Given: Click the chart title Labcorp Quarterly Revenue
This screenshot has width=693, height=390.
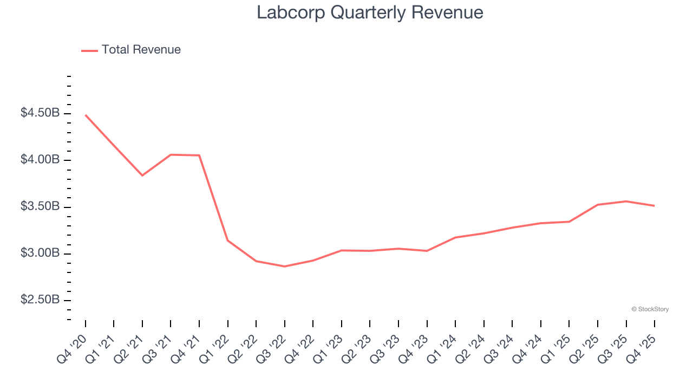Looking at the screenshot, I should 370,12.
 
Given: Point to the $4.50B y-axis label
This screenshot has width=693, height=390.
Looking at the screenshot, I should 40,113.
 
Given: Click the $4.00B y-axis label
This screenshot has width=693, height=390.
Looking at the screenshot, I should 40,160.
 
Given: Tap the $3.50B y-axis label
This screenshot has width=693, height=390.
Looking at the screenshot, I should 40,207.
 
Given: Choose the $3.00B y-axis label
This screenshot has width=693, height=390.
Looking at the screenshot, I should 40,253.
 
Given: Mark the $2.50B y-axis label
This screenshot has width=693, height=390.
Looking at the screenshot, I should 40,300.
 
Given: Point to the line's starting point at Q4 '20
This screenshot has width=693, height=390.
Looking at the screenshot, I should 86,115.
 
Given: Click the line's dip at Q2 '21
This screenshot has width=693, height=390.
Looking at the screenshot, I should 142,175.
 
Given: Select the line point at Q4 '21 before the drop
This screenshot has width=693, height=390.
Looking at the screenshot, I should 199,155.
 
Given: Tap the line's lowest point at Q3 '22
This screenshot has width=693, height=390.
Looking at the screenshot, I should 285,266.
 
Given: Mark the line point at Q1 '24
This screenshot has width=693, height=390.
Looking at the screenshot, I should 455,237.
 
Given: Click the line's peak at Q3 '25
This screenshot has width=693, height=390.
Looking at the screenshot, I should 626,201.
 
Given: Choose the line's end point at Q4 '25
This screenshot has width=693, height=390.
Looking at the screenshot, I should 655,206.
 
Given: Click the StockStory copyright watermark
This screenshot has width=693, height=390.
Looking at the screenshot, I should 650,309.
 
